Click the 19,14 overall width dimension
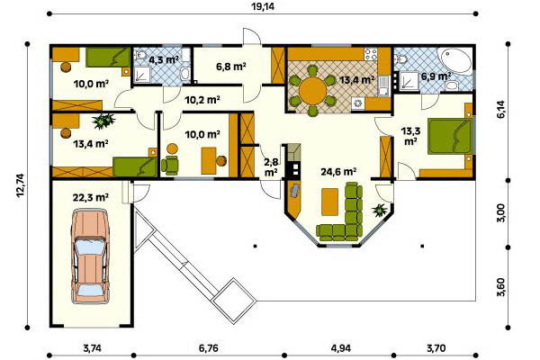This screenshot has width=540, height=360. pos(263,6)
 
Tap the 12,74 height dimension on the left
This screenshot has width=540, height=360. pos(21,185)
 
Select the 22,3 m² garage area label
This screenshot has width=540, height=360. pos(91,197)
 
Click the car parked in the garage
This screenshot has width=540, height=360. pos(90,256)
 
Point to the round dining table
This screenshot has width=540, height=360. pos(312,91)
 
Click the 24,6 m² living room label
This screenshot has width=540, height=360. pos(338,171)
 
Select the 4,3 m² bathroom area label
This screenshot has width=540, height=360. pos(164,60)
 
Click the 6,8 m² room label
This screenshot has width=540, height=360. pos(231,66)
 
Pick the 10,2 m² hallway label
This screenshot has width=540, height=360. pos(202,100)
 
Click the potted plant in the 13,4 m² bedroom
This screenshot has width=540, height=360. pos(103,121)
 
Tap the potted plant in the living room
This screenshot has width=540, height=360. pos(380,210)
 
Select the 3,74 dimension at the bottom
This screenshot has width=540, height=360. pos(93,348)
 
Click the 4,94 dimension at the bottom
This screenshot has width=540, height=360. pos(341,348)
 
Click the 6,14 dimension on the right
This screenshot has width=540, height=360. pos(500,109)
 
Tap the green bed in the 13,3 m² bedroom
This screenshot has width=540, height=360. pos(449,137)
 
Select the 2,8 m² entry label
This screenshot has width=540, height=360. pos(271,167)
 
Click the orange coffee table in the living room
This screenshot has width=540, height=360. pos(330,202)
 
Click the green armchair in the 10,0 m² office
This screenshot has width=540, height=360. pos(170,165)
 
